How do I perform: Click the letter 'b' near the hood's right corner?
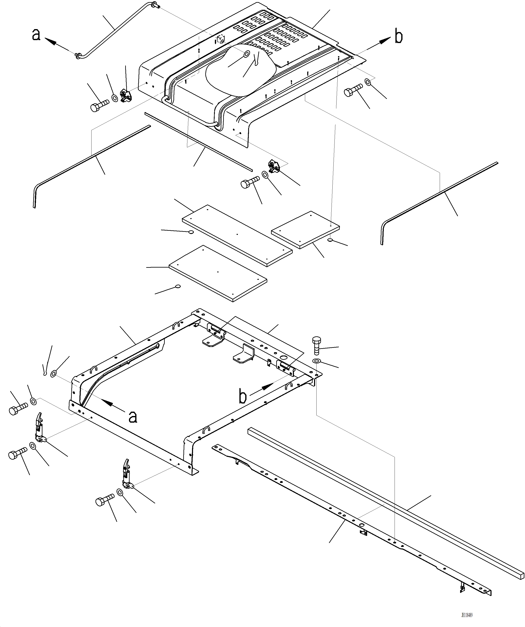point(399,36)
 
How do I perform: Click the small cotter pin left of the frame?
point(45,370)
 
